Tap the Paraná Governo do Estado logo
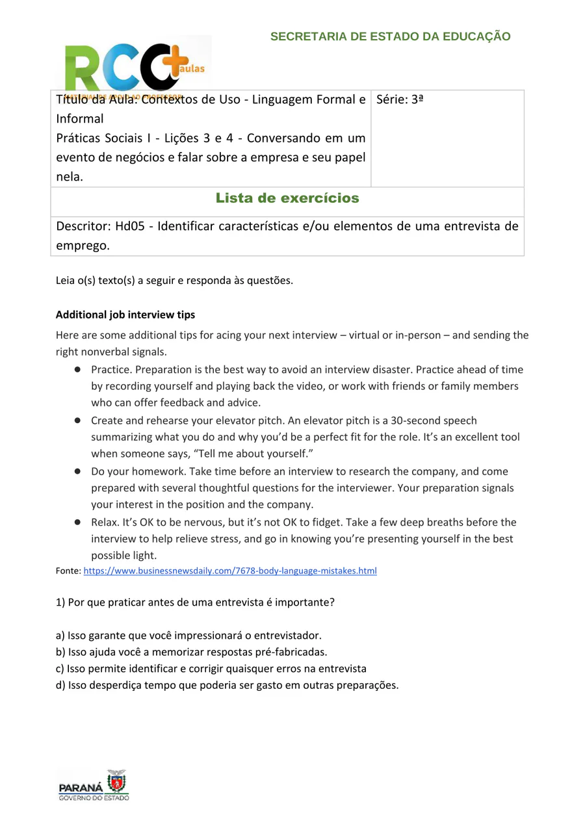[94, 786]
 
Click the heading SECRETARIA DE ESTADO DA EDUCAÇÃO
[390, 37]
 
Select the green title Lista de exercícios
[287, 198]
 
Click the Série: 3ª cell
[400, 100]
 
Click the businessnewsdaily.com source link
[230, 571]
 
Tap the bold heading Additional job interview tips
[125, 315]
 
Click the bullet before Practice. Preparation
[77, 369]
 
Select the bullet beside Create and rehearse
[77, 420]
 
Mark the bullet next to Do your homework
[77, 471]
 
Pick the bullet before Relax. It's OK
[77, 522]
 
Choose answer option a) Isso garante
[188, 635]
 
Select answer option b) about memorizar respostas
[192, 652]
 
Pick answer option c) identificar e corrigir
[211, 668]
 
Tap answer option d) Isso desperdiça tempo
[227, 685]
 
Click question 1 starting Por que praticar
[195, 602]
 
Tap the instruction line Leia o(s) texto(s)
[174, 281]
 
